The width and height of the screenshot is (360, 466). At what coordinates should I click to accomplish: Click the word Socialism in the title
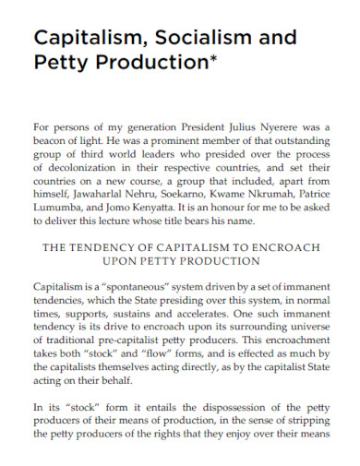pos(200,38)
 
